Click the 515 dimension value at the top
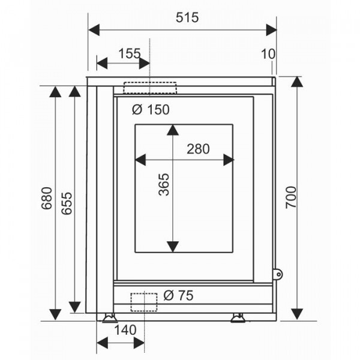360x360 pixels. click(187, 17)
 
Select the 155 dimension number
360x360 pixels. click(129, 54)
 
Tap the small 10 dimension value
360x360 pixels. click(268, 54)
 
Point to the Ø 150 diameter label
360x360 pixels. click(151, 110)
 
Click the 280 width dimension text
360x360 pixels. click(198, 149)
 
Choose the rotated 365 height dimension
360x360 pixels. click(164, 185)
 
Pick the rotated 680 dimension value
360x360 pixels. click(47, 199)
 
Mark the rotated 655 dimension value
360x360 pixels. click(67, 203)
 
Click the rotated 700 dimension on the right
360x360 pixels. click(291, 197)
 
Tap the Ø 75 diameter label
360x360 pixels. click(178, 295)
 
